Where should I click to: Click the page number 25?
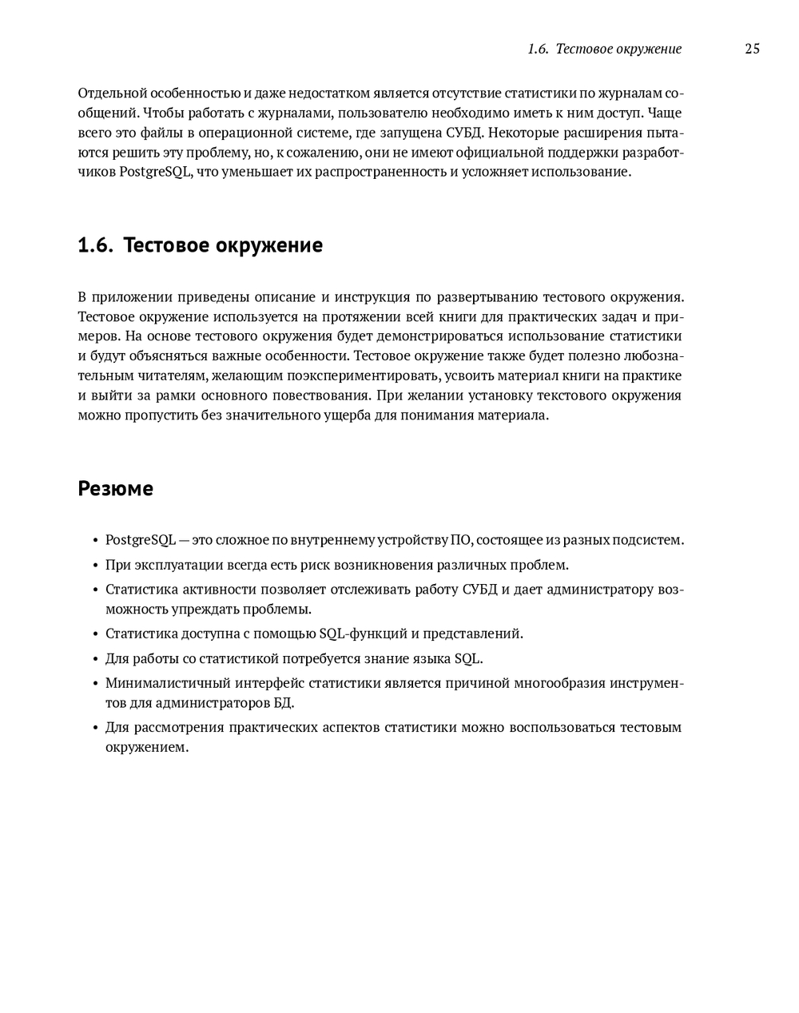tap(752, 49)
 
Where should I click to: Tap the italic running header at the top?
tap(604, 49)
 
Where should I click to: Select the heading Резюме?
tap(115, 489)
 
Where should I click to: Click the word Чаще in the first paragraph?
tap(665, 113)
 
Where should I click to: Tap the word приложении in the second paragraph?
tap(133, 297)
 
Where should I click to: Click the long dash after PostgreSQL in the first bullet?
tap(185, 540)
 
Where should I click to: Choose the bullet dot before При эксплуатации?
tap(95, 566)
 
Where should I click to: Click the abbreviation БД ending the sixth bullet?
tap(283, 704)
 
